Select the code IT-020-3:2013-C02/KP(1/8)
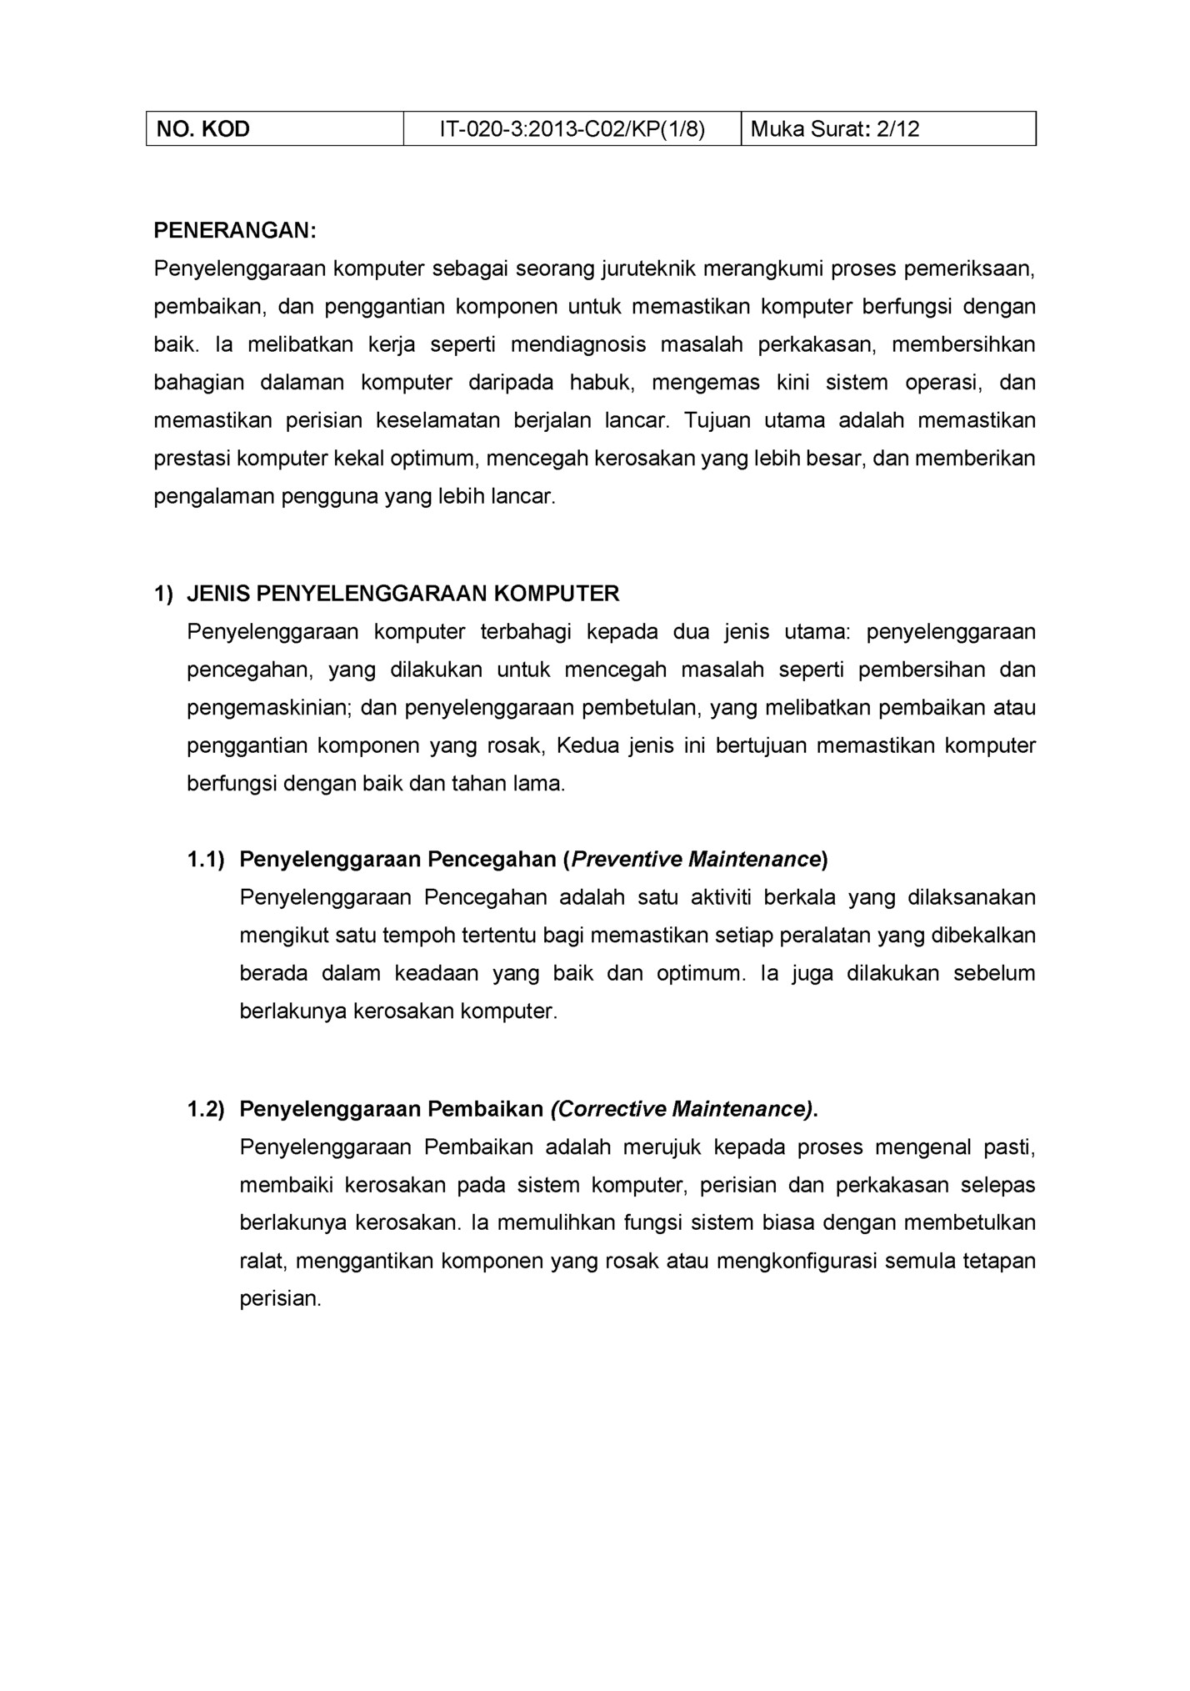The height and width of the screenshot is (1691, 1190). [x=572, y=129]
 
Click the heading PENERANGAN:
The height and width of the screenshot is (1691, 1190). [x=235, y=231]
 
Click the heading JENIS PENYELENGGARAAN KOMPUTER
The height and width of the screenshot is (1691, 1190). [x=402, y=594]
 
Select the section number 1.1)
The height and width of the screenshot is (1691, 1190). [x=206, y=860]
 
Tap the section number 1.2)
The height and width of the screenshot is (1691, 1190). [x=206, y=1110]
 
